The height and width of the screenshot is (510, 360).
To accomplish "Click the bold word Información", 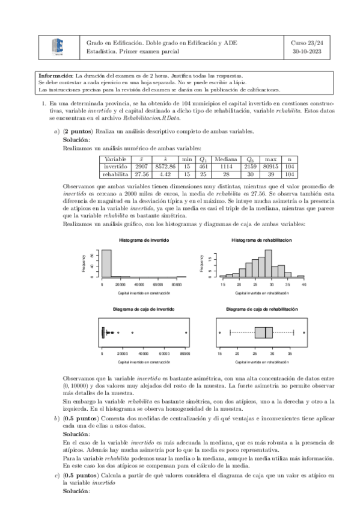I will (55, 76).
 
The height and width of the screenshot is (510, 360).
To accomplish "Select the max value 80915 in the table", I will (270, 166).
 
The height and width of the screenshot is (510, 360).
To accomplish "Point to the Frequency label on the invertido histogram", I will (84, 263).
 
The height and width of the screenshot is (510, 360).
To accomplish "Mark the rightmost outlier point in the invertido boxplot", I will (186, 333).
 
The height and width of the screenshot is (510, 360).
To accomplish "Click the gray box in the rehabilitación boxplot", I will (264, 333).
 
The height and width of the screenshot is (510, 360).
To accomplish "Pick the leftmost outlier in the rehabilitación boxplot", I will (220, 333).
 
